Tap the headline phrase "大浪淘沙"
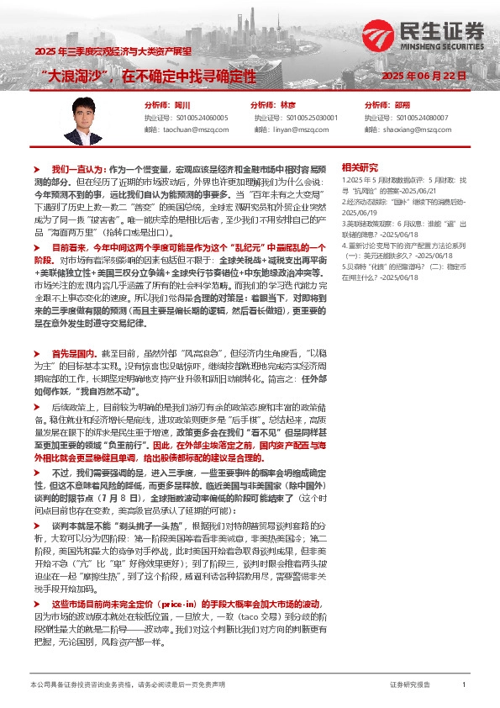click(82, 77)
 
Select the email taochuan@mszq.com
click(192, 130)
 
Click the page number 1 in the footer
click(463, 686)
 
